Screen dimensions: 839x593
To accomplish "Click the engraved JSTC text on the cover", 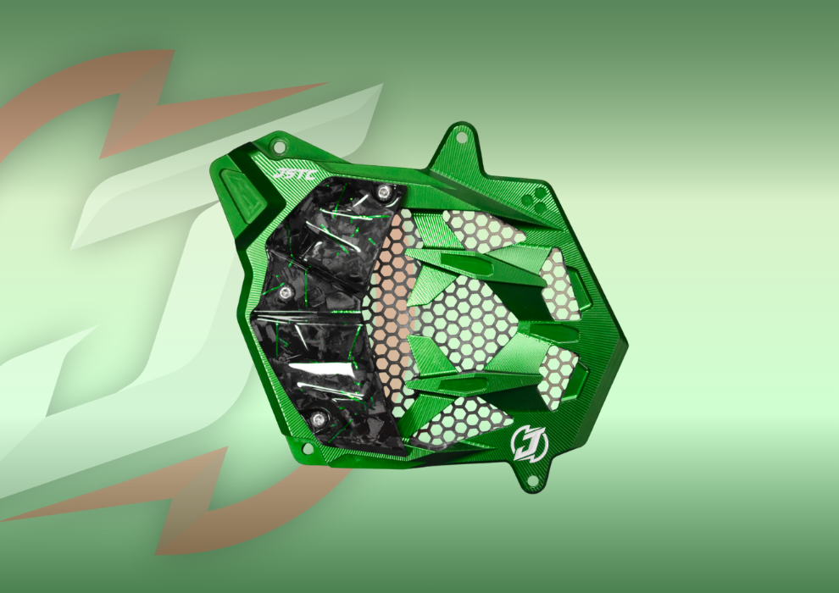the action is point(294,175).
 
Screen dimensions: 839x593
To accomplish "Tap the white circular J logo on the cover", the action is point(529,443).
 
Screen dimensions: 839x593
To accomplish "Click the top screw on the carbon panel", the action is point(382,192).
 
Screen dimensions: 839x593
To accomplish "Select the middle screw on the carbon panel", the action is point(286,291).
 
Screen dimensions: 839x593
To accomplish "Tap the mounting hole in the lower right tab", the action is point(532,481).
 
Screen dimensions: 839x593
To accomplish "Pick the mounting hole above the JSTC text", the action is point(279,146).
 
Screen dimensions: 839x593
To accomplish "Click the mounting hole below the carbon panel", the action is point(306,448).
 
